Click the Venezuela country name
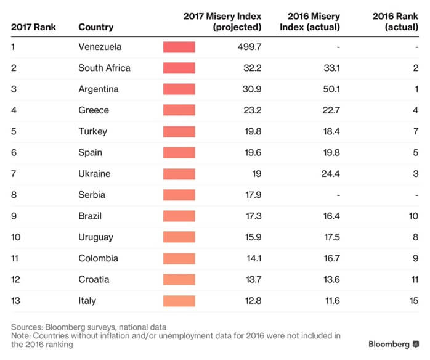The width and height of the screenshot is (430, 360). pos(100,47)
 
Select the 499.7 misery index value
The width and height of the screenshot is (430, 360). pos(249,47)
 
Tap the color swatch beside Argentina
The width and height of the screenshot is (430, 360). pos(179,89)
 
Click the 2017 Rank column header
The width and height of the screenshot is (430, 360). pos(33,27)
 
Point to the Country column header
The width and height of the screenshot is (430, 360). pos(95,27)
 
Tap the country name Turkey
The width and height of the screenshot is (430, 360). pos(92,131)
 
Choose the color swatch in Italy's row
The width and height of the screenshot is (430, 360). pos(179,301)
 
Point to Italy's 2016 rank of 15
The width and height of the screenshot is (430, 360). pos(413,301)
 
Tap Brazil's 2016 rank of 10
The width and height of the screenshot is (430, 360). pos(413,216)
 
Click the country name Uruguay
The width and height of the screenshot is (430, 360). pos(96,237)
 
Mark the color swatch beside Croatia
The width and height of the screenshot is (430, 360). pos(179,280)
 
